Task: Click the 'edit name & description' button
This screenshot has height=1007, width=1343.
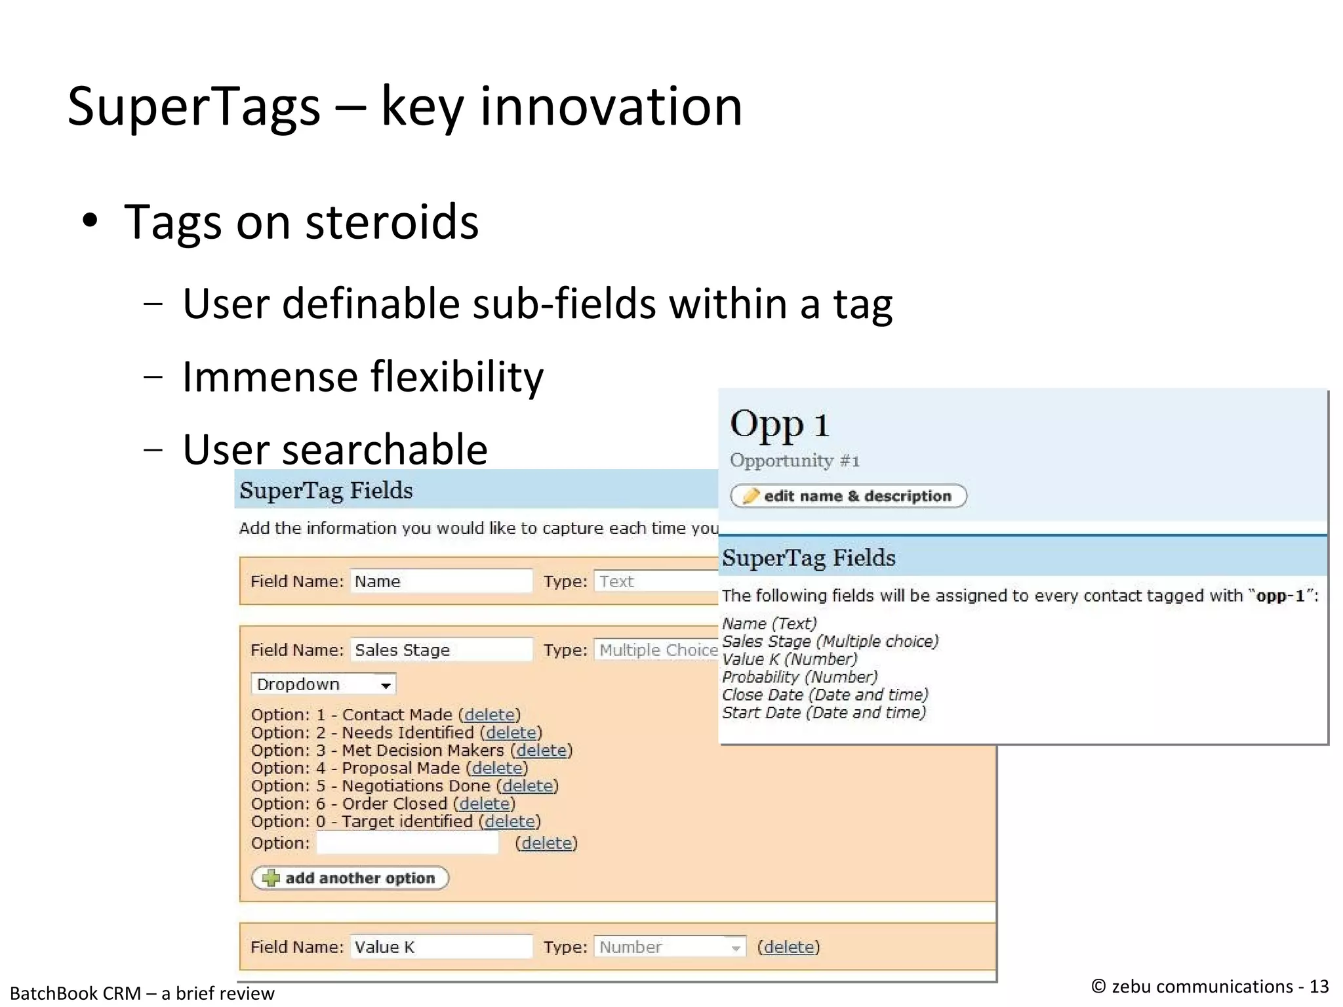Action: tap(848, 496)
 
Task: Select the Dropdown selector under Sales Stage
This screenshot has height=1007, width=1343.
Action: tap(323, 684)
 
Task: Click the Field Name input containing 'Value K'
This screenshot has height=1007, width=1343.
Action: tap(440, 947)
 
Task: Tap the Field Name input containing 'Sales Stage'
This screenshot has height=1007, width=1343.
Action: tap(440, 649)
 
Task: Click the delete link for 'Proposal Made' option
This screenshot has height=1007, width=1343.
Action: tap(497, 768)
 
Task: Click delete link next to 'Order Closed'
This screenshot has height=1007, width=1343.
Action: tap(484, 804)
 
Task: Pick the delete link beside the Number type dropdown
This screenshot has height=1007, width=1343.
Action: tap(788, 947)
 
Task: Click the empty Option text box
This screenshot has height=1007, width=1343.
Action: tap(407, 843)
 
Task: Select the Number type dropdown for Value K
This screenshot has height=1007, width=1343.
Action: tap(669, 947)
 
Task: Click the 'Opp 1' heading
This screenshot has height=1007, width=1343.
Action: tap(779, 424)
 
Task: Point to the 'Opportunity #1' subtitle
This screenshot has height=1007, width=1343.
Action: tap(794, 461)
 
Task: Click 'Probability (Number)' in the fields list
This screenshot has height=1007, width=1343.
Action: tap(799, 677)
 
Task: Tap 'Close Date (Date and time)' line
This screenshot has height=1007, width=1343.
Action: tap(824, 695)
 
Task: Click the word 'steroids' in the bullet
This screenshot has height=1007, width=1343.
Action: tap(392, 222)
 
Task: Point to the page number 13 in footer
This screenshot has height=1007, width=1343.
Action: tap(1318, 987)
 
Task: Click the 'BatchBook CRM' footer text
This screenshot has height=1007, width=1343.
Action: tap(75, 993)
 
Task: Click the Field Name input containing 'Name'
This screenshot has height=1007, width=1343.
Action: tap(440, 581)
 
